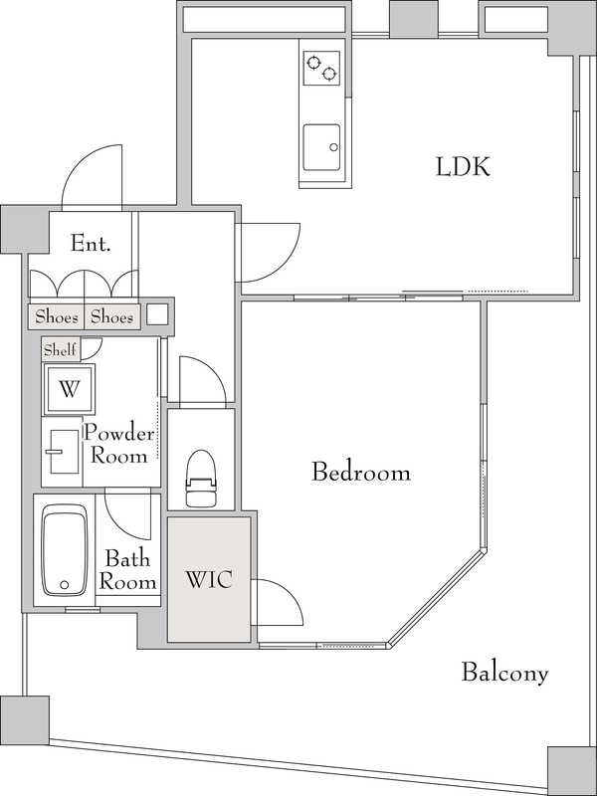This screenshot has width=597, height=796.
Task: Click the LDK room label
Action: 463,167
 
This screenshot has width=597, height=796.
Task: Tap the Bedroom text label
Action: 361,472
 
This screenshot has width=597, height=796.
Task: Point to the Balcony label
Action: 504,674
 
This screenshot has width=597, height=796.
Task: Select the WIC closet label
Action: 209,580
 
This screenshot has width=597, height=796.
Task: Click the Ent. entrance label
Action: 91,244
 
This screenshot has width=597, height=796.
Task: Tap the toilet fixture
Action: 201,479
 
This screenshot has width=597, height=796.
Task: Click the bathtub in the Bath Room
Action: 64,550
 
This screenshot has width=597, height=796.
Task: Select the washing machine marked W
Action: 69,389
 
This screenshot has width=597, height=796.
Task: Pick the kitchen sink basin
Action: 321,147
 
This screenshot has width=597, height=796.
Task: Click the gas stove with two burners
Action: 321,68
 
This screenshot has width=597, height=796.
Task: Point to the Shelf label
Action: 60,350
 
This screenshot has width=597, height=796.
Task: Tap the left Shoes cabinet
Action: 56,317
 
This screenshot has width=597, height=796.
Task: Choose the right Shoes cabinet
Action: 111,317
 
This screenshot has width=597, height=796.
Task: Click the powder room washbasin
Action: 64,452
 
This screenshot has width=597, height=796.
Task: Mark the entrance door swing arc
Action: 77,163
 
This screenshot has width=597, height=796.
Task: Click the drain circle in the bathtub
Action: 64,584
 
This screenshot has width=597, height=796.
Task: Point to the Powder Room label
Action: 118,445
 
